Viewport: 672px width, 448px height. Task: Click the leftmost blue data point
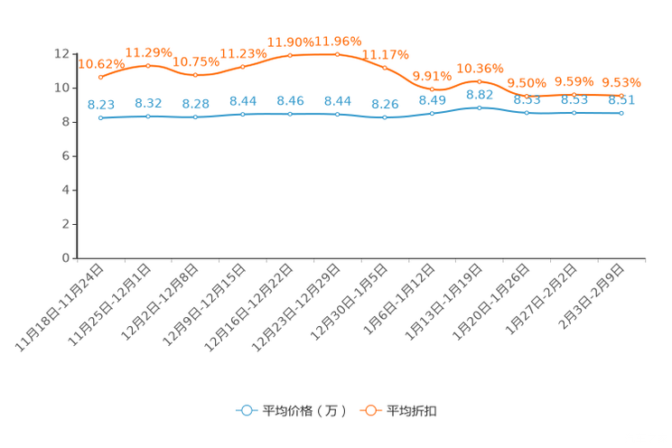100,118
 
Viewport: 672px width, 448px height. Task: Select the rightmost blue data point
621,113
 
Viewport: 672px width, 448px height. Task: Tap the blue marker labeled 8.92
479,107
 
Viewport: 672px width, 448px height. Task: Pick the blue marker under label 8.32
148,117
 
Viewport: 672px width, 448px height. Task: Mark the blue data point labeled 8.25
385,118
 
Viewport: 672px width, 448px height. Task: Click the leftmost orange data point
100,78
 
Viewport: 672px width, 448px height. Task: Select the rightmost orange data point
621,95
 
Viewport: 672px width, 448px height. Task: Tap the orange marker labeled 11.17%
385,68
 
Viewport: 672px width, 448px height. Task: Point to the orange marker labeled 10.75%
195,75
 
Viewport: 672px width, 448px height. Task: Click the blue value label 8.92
480,93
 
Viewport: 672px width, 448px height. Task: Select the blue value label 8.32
148,103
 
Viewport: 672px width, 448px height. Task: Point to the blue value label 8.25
385,104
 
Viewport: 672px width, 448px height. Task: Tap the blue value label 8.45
290,100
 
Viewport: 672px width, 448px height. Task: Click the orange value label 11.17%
386,53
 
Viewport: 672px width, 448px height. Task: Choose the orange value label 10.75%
195,61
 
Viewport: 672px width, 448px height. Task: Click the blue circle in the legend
246,410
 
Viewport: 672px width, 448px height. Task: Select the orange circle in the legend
369,410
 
